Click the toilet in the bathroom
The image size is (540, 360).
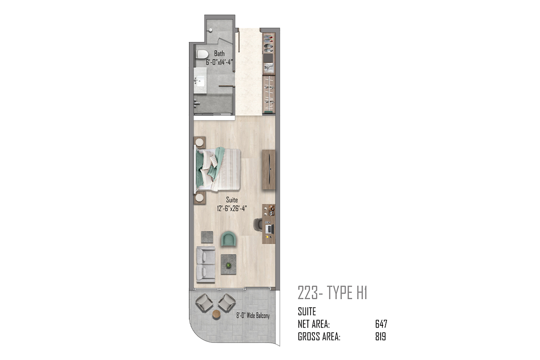pos(202,54)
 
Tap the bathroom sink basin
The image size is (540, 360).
pos(200,81)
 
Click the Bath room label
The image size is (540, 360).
pos(219,54)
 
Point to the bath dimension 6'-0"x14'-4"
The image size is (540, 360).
pos(219,62)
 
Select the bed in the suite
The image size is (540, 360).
pos(217,169)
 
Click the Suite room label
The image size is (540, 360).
pos(232,200)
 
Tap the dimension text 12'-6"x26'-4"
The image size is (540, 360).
pos(232,208)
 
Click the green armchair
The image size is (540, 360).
pos(229,238)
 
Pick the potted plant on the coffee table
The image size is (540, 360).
pos(229,265)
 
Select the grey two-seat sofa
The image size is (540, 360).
pos(206,265)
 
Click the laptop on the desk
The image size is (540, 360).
pos(270,229)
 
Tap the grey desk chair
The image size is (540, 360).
pos(258,224)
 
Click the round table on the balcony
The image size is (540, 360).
pos(216,315)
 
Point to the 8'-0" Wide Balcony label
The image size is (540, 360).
pos(253,315)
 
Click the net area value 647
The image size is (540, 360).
pos(381,324)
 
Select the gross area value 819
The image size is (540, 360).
pos(380,336)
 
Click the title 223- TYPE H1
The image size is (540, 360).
pos(333,292)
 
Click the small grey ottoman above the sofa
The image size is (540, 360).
pos(207,237)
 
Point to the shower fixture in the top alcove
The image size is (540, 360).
pos(210,30)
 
